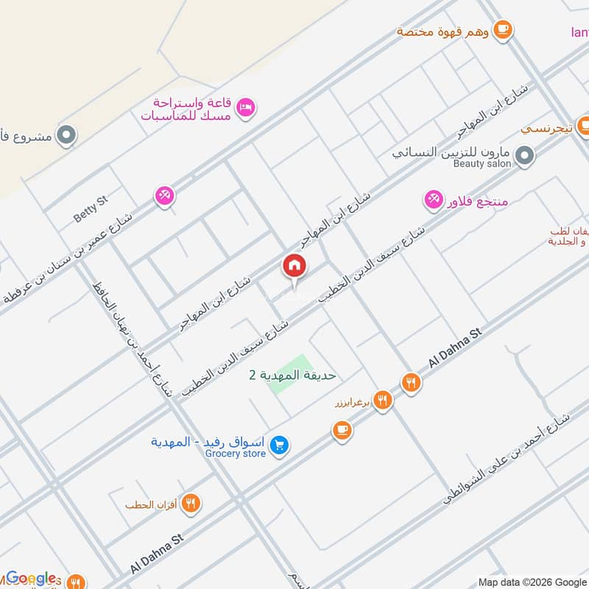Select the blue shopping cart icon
[x=279, y=445]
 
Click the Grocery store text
[x=236, y=454]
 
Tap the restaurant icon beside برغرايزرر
[x=382, y=401]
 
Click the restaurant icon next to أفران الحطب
[x=191, y=504]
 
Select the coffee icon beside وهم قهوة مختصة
[x=504, y=29]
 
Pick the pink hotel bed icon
[x=247, y=107]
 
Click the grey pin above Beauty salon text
[x=525, y=155]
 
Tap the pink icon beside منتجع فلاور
[x=433, y=199]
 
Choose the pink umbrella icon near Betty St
[x=163, y=196]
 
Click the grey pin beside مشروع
[x=67, y=135]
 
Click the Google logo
[x=31, y=578]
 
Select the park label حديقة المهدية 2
[x=292, y=375]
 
